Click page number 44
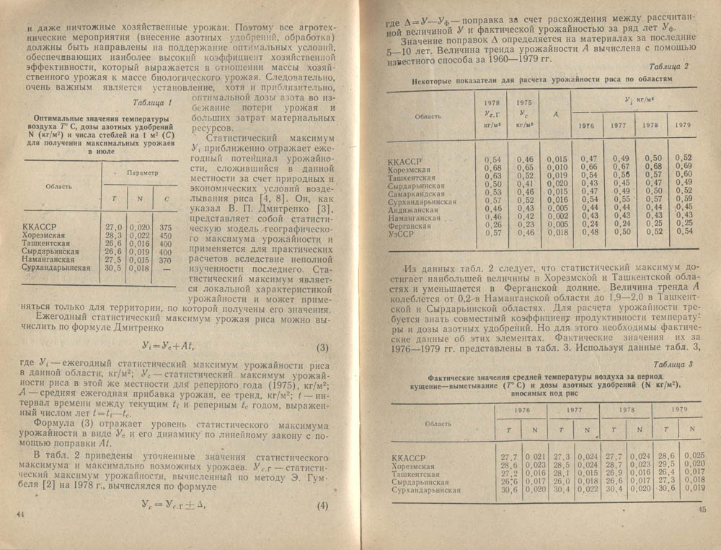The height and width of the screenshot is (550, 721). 20,513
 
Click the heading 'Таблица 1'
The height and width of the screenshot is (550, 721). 157,102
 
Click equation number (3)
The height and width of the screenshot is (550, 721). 322,350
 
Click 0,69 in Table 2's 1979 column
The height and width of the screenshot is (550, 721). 683,166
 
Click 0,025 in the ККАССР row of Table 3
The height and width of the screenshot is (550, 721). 693,456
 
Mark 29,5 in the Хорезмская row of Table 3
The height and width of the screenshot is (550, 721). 665,465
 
